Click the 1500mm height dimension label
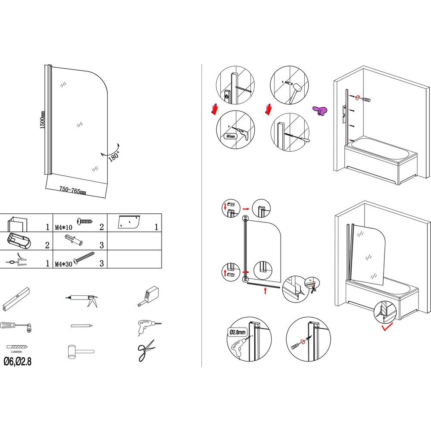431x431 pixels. pos(43,119)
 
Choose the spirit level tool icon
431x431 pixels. pos(16,298)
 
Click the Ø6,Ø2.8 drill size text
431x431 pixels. pos(17,362)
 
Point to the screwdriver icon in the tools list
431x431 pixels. pos(16,326)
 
